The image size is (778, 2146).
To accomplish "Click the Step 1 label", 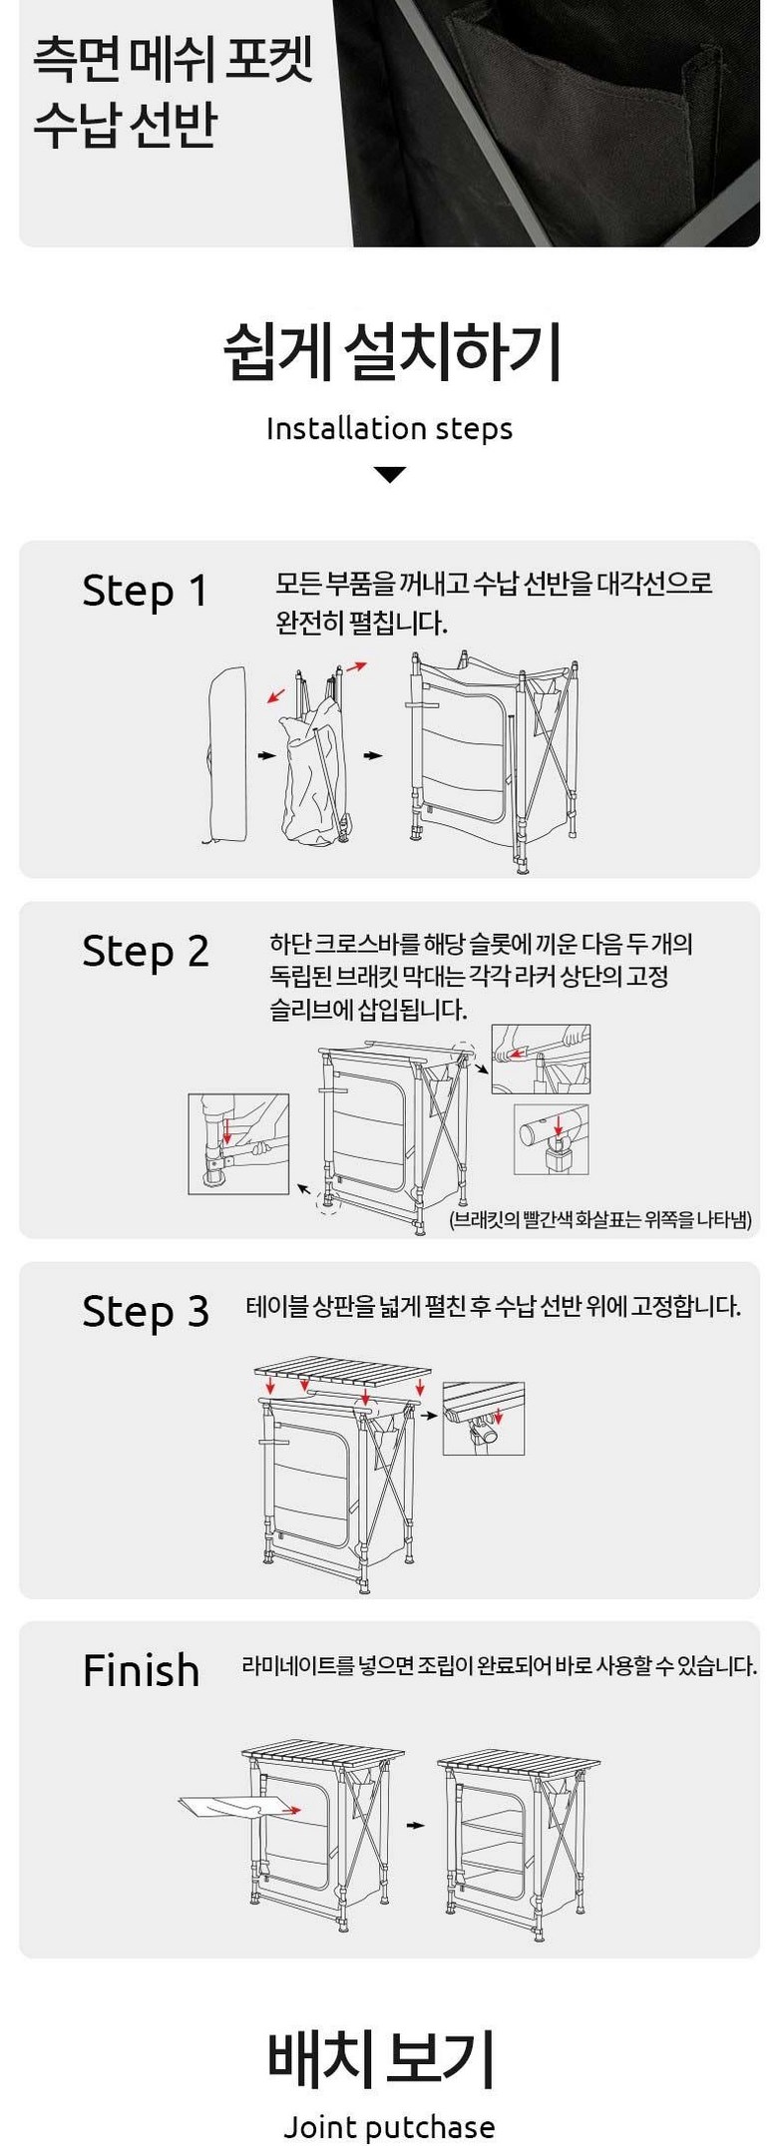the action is coord(145,591).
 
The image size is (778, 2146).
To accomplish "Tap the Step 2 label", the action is coord(146,952).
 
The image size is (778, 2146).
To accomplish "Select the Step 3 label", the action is coord(146,1312).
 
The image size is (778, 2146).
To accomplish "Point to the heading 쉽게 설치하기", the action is coord(391,352).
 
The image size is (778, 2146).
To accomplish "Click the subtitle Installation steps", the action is coord(389,429).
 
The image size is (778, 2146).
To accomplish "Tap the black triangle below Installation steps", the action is coord(389,475).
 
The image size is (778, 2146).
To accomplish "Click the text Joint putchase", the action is coord(389,2127).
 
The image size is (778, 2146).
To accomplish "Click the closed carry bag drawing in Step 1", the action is coord(227,753).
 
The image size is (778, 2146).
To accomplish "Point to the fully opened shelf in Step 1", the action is coord(492,760).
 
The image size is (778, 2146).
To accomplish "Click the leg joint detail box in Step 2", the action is coord(238,1143).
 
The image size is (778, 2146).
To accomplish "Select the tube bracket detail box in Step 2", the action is coord(552,1139).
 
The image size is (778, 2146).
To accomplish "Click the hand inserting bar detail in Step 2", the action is coord(541,1059).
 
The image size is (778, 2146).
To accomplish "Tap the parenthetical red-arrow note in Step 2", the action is coord(600,1219).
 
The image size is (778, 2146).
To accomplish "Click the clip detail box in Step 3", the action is coord(484,1418).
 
